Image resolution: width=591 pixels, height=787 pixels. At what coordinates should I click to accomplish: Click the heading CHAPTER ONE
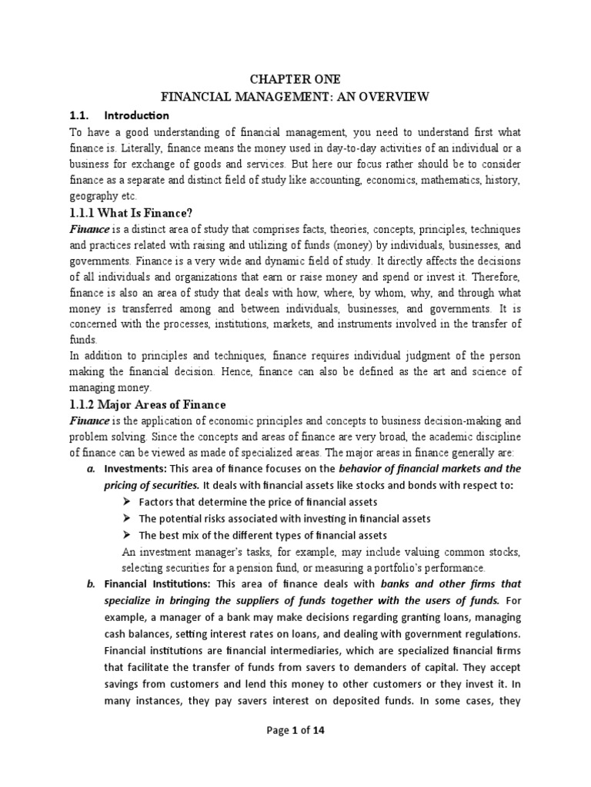point(295,79)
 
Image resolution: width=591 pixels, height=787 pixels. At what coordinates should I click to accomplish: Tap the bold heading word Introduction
point(136,115)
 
